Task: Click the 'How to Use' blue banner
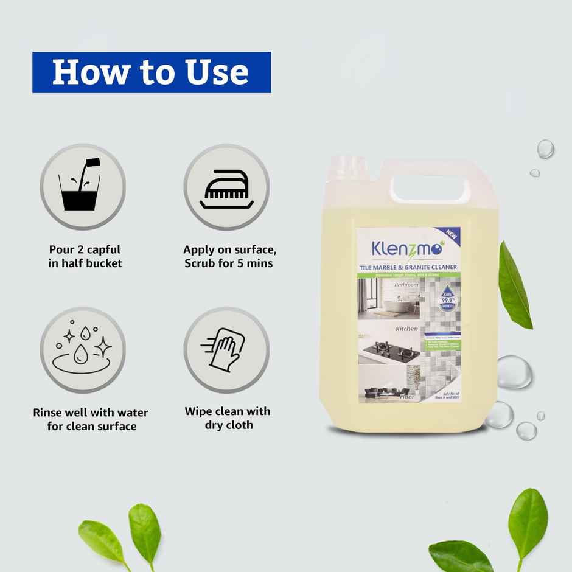(152, 72)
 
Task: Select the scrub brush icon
(226, 187)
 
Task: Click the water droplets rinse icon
(83, 351)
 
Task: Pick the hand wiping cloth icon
(226, 350)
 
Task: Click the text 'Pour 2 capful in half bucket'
(85, 256)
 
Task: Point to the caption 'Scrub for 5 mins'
(229, 263)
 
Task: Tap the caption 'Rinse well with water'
(91, 413)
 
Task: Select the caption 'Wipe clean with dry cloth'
(228, 418)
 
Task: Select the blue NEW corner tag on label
(453, 235)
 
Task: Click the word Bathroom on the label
(406, 284)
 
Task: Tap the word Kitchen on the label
(406, 329)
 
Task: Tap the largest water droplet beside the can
(514, 372)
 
